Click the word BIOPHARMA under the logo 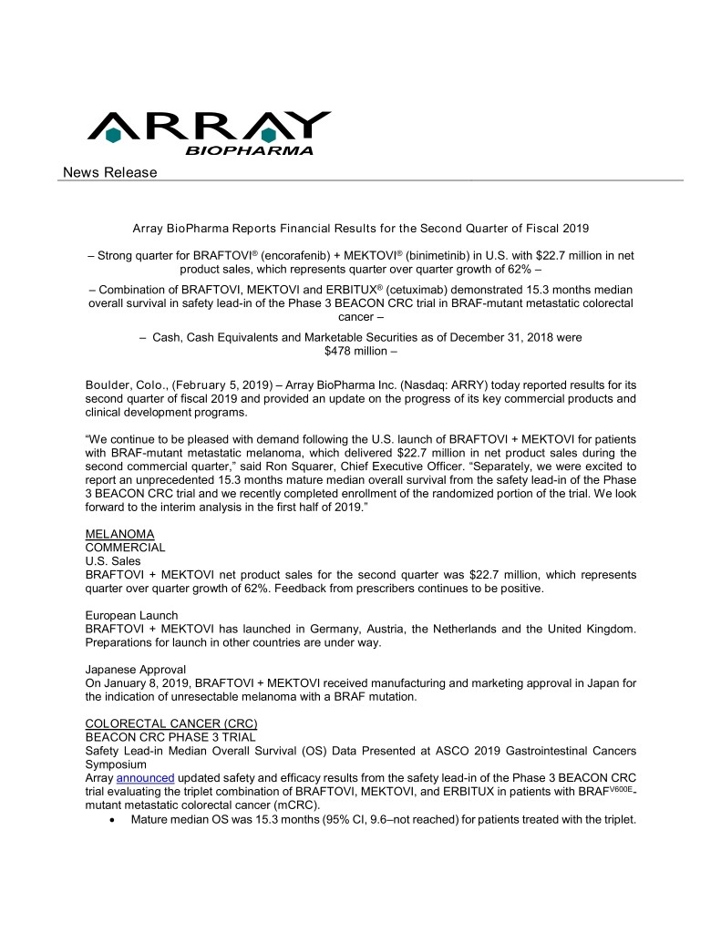(250, 150)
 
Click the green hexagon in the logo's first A (113, 135)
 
